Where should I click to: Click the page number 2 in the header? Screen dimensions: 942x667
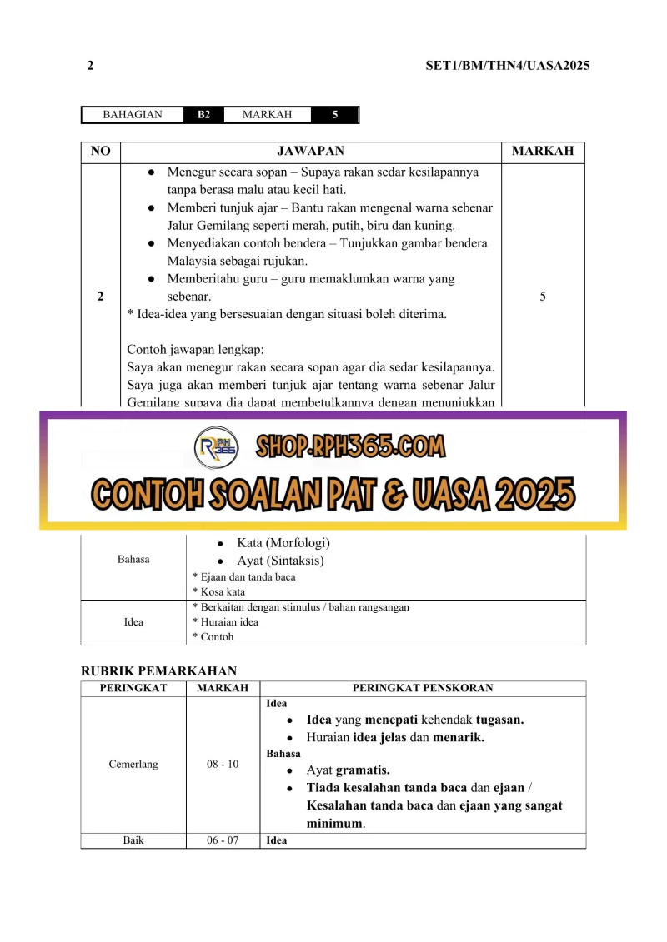(x=90, y=66)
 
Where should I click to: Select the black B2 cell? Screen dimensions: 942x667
(x=203, y=115)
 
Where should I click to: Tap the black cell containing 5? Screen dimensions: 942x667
(x=334, y=115)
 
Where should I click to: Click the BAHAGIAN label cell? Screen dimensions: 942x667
(x=133, y=115)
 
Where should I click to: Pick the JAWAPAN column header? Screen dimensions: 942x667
(x=310, y=151)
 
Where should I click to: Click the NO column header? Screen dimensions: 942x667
(x=100, y=151)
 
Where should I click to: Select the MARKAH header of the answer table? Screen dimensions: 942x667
(x=543, y=151)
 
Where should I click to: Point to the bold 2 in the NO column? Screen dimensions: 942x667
(x=100, y=296)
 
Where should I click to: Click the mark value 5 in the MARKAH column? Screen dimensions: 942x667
(x=543, y=296)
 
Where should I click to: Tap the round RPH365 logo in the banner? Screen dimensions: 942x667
(x=217, y=448)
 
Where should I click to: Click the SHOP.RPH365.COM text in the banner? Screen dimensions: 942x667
(x=350, y=447)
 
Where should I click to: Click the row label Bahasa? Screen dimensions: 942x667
(x=133, y=559)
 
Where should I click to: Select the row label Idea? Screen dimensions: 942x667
(x=133, y=621)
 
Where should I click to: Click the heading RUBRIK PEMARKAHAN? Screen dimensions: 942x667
(x=158, y=670)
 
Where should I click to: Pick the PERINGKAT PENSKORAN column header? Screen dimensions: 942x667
(x=423, y=688)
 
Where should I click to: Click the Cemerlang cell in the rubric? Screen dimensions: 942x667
(x=133, y=764)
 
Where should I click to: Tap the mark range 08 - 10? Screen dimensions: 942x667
(x=223, y=764)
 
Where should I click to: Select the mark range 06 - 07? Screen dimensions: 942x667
(x=223, y=840)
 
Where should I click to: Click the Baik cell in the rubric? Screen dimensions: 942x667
(x=133, y=840)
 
